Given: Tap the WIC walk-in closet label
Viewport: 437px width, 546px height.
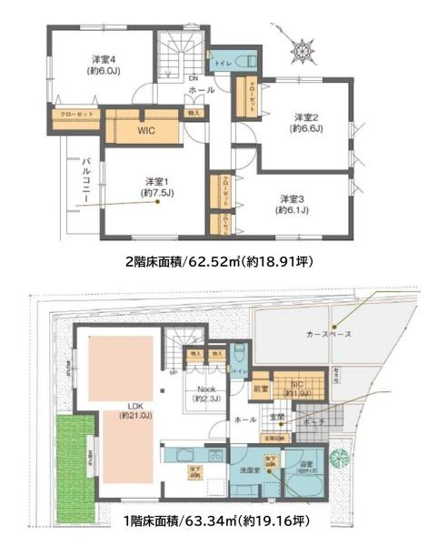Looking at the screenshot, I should pyautogui.click(x=147, y=130).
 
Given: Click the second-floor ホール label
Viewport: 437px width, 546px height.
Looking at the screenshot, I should pyautogui.click(x=202, y=90).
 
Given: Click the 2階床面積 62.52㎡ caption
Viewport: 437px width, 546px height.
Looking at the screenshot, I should pyautogui.click(x=219, y=262).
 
